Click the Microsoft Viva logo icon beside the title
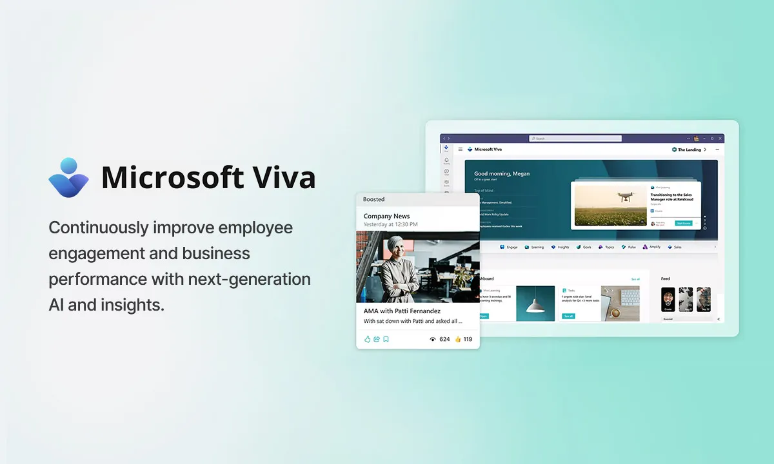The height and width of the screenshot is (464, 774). click(68, 177)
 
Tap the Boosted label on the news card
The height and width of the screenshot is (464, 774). click(373, 200)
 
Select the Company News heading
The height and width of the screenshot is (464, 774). click(386, 217)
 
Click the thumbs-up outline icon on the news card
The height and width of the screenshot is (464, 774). click(367, 339)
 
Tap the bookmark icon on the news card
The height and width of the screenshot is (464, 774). click(386, 339)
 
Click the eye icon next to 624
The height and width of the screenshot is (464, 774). click(432, 339)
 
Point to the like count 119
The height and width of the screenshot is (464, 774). click(468, 339)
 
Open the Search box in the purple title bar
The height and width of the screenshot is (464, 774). click(575, 139)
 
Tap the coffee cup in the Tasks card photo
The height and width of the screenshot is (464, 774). click(615, 313)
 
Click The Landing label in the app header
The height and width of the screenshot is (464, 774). click(689, 150)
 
